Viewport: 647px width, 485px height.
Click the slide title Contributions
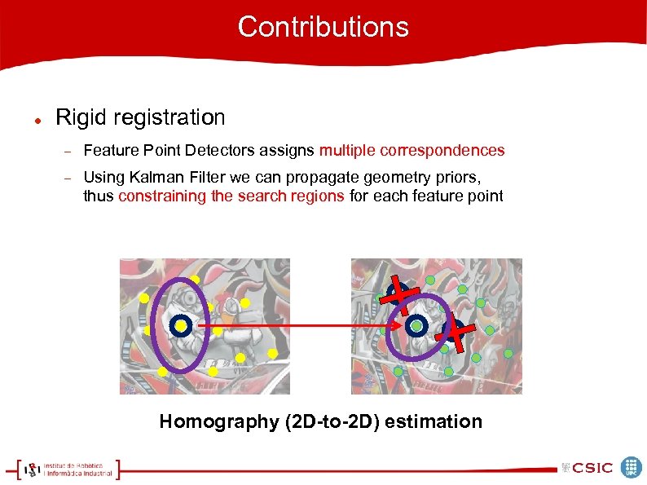[323, 27]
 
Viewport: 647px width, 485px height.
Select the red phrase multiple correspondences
[412, 151]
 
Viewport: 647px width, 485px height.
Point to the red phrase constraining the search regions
[231, 196]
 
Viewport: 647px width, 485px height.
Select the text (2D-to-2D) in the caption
[336, 421]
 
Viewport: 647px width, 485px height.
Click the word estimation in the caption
[438, 421]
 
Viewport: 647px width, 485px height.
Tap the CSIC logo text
[592, 468]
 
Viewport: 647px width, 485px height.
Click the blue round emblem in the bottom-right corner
[631, 467]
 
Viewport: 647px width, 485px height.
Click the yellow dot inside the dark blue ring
[181, 326]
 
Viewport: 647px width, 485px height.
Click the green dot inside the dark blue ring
[416, 326]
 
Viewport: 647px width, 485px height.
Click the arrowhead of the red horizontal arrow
[399, 326]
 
